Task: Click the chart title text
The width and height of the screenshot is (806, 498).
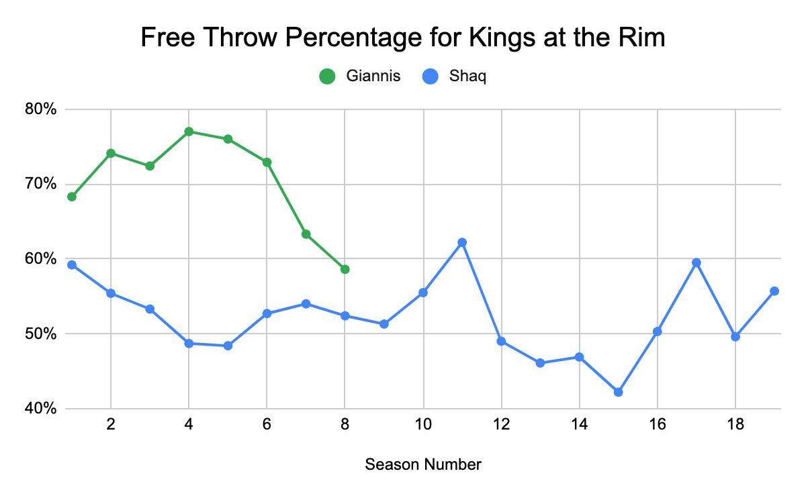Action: pos(402,38)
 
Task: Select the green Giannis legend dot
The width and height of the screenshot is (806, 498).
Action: pos(327,77)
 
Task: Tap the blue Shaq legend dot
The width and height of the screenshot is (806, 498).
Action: pos(430,77)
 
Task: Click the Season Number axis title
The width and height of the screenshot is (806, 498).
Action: pos(423,464)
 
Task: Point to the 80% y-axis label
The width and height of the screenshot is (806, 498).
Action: pos(42,109)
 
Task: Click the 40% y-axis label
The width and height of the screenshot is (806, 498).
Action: pos(42,409)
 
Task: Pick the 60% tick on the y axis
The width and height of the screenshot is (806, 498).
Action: pos(42,259)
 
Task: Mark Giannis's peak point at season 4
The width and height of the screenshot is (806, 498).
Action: pos(189,132)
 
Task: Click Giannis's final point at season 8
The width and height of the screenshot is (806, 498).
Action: pos(345,269)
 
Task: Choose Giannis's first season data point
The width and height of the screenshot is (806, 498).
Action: pos(72,197)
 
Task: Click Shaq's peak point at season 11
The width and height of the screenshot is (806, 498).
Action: pos(462,242)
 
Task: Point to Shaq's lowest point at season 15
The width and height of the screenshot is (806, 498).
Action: pos(618,392)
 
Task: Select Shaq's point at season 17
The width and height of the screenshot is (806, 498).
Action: pos(697,262)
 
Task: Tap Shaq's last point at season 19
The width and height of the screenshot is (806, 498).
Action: pos(774,291)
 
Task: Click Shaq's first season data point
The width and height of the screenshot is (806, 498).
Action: pos(72,265)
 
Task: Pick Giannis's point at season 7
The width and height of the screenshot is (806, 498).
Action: pos(306,234)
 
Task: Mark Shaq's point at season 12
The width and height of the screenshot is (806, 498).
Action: pos(501,342)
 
